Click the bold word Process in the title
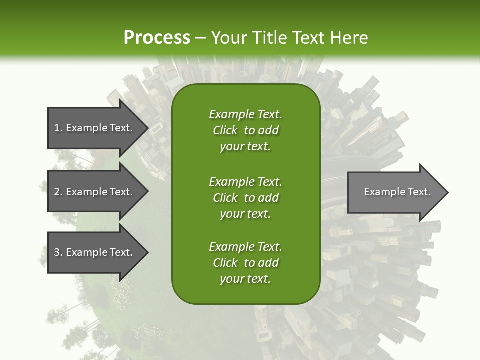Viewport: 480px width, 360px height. tap(157, 38)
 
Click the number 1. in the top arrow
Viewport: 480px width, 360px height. tap(58, 128)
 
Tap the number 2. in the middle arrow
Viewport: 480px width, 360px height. tap(58, 192)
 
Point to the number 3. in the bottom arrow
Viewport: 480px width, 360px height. tap(58, 252)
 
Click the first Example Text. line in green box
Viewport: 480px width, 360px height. tap(245, 114)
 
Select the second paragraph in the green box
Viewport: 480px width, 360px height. tap(245, 197)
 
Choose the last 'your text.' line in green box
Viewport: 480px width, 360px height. tap(245, 279)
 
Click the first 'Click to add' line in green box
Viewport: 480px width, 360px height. tap(245, 130)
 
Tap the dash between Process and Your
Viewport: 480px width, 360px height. tap(201, 38)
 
